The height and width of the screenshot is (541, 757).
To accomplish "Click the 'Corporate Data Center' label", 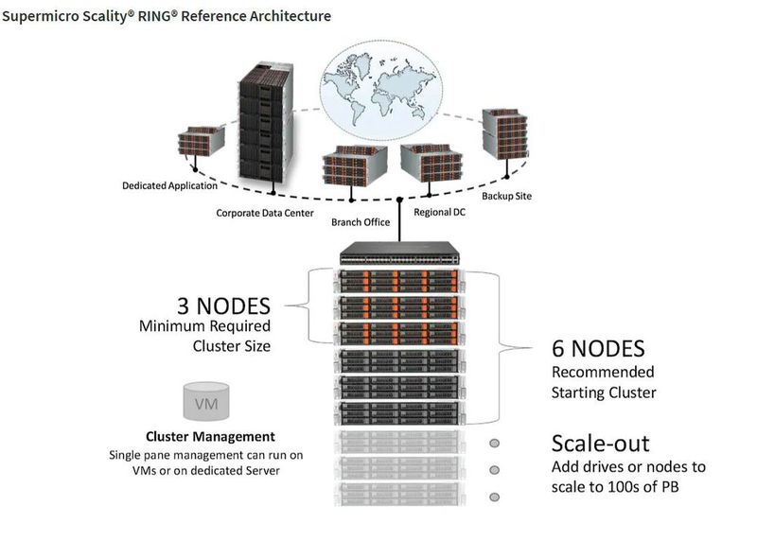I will (x=265, y=213).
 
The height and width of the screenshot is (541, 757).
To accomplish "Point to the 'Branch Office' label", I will (x=361, y=222).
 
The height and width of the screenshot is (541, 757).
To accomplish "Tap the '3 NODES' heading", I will (x=224, y=306).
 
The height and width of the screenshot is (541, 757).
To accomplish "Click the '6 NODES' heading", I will (x=598, y=347).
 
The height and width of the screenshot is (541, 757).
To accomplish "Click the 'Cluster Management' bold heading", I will (x=210, y=437).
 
